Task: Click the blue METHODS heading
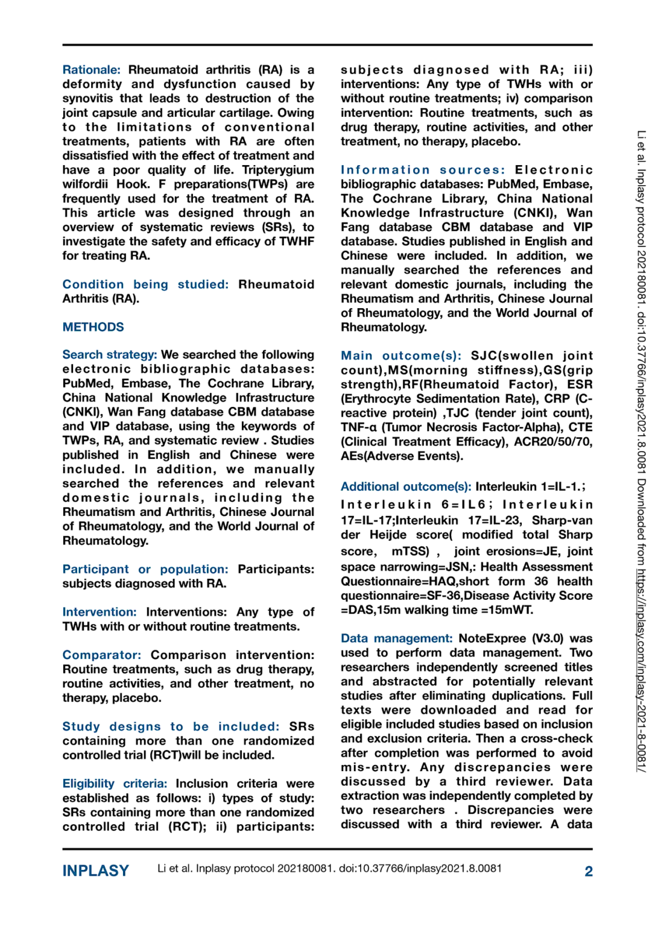[93, 327]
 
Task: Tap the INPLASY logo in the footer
[96, 871]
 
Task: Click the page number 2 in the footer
[588, 871]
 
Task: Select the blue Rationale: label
[91, 70]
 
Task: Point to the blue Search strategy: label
[110, 354]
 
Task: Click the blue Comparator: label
[101, 655]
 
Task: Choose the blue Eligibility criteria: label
[115, 783]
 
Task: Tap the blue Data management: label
[396, 638]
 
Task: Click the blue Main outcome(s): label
[400, 356]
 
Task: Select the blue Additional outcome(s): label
[406, 487]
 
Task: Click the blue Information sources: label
[423, 170]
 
